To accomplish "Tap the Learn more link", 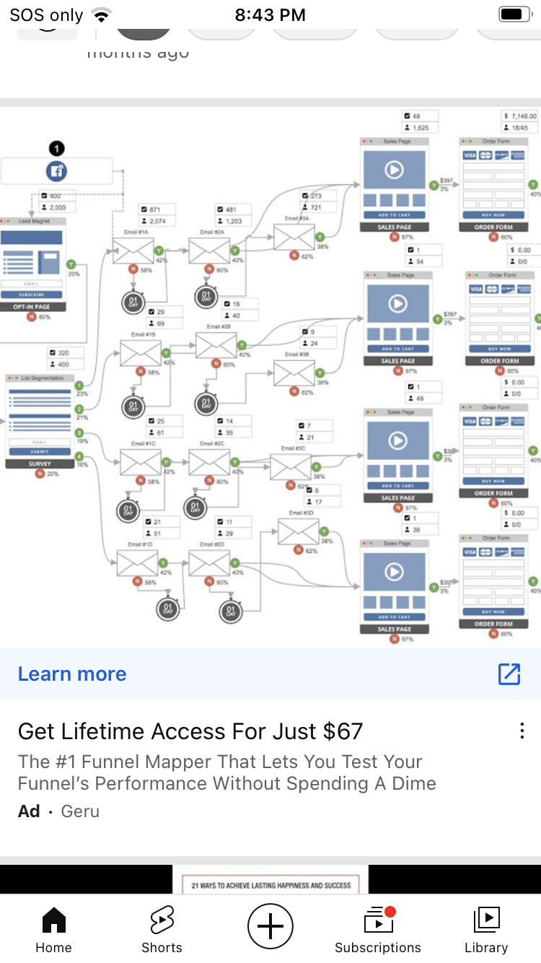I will point(72,674).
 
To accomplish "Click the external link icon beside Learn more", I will point(509,674).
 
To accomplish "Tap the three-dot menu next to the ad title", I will point(522,731).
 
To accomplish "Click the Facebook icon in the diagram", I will point(56,171).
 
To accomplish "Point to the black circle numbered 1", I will point(56,149).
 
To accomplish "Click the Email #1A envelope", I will point(133,250).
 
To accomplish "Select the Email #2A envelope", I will point(208,250).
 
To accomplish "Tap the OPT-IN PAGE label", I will point(32,307).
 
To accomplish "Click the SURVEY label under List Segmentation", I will point(39,464).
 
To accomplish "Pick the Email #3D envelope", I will point(298,533).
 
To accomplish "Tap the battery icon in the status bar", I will point(514,14).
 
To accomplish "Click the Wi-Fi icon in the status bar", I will point(102,15).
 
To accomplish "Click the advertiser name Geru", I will point(80,811).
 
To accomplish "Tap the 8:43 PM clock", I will point(270,15).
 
